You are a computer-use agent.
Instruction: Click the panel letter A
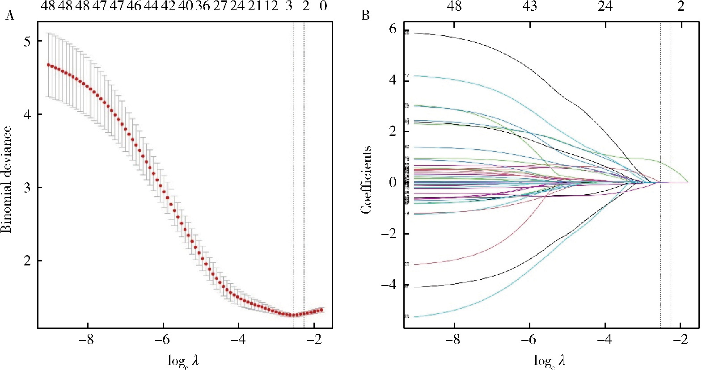tap(9, 16)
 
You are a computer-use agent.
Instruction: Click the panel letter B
tap(365, 16)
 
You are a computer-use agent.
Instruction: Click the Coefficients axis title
tap(367, 180)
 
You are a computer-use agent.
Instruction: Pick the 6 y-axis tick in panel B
tap(392, 29)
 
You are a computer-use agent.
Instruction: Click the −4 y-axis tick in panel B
tap(389, 285)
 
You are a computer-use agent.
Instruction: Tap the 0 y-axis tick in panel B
tap(392, 182)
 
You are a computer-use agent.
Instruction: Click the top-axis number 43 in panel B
tap(529, 6)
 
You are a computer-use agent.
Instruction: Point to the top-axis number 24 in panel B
tap(605, 6)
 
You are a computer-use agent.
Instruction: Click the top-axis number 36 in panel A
tap(202, 6)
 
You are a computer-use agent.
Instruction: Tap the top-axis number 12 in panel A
tap(271, 6)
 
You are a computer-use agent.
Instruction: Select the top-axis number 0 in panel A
tap(323, 6)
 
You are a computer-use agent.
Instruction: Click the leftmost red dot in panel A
tap(49, 65)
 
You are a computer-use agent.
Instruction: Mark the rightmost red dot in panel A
tap(321, 310)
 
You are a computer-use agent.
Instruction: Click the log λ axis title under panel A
tap(183, 360)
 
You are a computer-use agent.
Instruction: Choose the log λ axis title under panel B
tap(550, 360)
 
